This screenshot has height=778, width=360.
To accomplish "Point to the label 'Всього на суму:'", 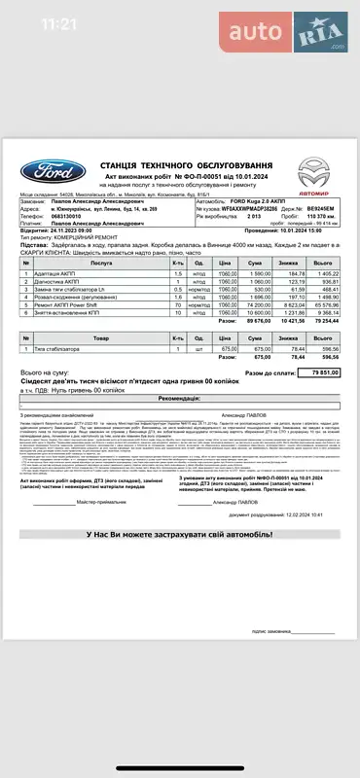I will pos(44,371).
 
